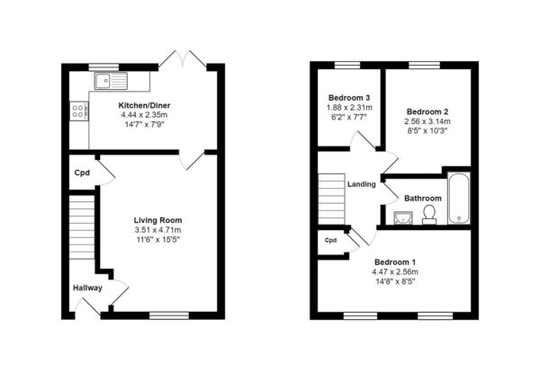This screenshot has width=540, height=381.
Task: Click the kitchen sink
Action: pyautogui.click(x=111, y=81)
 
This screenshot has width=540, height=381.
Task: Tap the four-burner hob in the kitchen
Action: pyautogui.click(x=79, y=111)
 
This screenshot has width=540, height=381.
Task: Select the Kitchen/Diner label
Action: pyautogui.click(x=144, y=105)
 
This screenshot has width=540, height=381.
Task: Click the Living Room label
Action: pyautogui.click(x=158, y=220)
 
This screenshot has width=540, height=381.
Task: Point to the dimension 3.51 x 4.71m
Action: pyautogui.click(x=158, y=230)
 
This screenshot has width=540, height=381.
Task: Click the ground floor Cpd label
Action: pyautogui.click(x=82, y=173)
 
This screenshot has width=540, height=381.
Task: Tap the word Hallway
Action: pyautogui.click(x=88, y=288)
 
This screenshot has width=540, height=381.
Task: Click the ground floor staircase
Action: pyautogui.click(x=82, y=227)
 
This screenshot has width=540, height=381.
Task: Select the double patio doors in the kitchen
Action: pyautogui.click(x=183, y=60)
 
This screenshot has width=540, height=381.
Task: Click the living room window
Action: pyautogui.click(x=169, y=315)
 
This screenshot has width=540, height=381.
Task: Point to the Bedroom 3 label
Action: pyautogui.click(x=349, y=98)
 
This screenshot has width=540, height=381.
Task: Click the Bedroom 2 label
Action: pyautogui.click(x=427, y=111)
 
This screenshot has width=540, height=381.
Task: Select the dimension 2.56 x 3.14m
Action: pyautogui.click(x=427, y=121)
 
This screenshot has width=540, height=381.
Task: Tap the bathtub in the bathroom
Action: pyautogui.click(x=459, y=199)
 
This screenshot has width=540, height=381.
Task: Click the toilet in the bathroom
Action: pyautogui.click(x=429, y=215)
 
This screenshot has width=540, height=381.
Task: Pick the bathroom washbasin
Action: pyautogui.click(x=403, y=218)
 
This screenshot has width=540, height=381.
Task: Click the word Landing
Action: pyautogui.click(x=361, y=184)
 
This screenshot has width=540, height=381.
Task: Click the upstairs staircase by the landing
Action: pyautogui.click(x=331, y=199)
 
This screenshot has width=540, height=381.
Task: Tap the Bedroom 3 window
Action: pyautogui.click(x=347, y=65)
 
